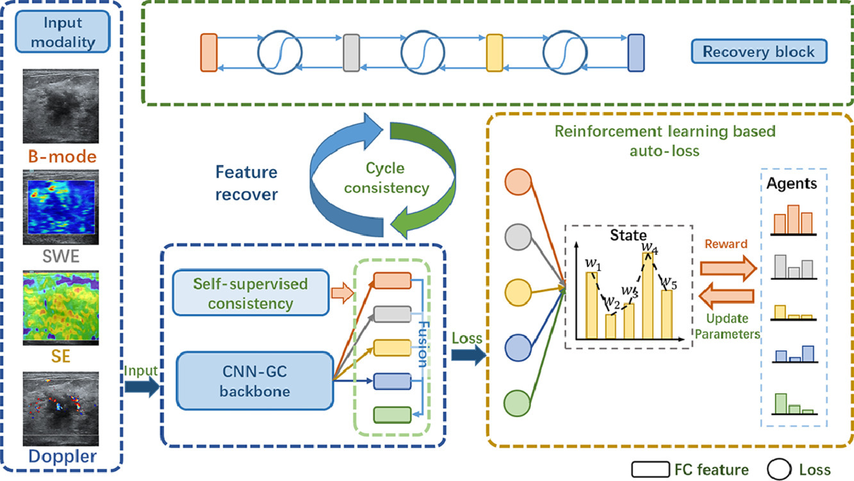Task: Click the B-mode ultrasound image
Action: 61,106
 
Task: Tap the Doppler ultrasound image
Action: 61,408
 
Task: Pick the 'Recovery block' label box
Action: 759,51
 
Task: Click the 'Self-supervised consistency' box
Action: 249,293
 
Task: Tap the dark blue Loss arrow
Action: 468,357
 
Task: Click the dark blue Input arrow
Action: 140,386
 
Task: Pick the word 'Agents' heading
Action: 792,184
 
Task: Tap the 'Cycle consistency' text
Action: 385,179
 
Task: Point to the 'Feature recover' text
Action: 246,183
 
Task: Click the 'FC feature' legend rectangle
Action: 651,469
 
